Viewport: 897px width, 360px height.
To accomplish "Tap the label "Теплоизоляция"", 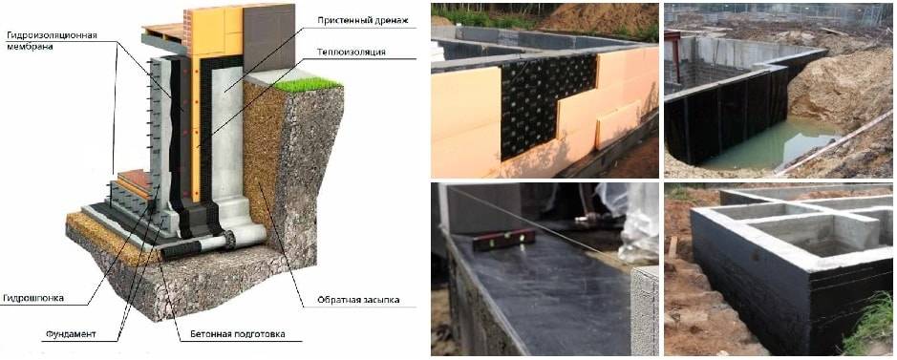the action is tap(350, 52).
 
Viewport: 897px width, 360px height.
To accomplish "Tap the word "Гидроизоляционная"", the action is tap(52, 35).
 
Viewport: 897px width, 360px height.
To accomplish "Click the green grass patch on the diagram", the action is tap(308, 85).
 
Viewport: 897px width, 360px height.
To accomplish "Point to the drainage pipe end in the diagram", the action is tap(230, 240).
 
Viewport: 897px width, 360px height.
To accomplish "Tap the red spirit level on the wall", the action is tap(504, 240).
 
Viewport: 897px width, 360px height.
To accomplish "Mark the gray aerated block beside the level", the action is tap(644, 310).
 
